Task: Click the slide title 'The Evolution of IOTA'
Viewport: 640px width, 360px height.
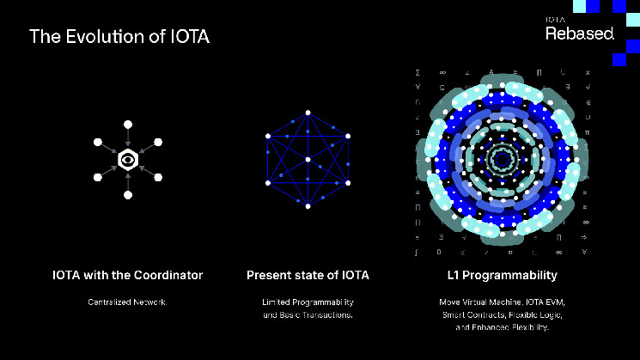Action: tap(119, 37)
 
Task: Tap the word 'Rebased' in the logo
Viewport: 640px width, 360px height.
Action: tap(580, 33)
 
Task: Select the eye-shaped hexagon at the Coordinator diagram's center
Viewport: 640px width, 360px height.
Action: tap(127, 159)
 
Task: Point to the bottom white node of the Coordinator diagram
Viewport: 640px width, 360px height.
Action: tap(127, 196)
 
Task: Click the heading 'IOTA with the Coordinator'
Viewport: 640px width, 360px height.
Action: tap(127, 275)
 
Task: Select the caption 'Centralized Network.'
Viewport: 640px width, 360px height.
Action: tap(127, 302)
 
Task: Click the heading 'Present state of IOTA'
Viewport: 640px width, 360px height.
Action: tap(308, 275)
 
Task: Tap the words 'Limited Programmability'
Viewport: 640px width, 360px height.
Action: tap(308, 302)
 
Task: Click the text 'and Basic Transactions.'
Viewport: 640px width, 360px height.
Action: tap(308, 315)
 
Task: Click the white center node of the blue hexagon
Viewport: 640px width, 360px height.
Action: tap(308, 159)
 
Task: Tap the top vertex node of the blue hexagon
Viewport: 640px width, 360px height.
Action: tap(308, 112)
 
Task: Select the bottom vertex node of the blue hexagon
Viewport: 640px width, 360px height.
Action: tap(308, 206)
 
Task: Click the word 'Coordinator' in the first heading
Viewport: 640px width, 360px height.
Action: tap(168, 275)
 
